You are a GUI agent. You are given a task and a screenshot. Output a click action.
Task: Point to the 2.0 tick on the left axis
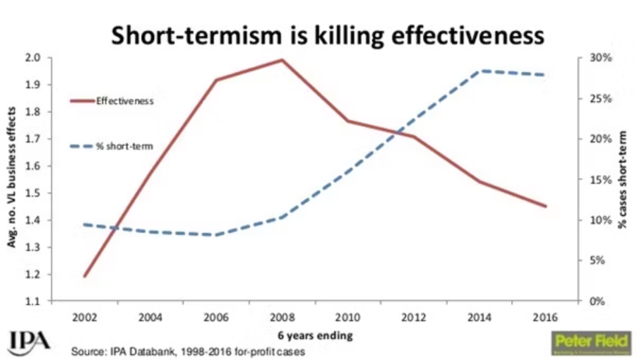coord(33,57)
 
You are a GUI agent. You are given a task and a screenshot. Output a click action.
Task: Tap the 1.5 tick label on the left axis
coord(33,193)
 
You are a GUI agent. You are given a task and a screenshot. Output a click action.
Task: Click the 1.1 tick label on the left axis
coord(33,301)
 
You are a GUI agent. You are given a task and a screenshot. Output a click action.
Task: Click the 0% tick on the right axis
coord(590,301)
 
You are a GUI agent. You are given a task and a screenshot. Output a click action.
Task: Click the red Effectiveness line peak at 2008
coord(282,60)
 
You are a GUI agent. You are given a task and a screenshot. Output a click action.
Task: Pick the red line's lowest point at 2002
coord(85,276)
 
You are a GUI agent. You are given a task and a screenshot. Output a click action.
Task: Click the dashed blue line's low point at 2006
coord(216,235)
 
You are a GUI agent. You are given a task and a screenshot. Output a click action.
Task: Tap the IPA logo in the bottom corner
coord(30,341)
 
